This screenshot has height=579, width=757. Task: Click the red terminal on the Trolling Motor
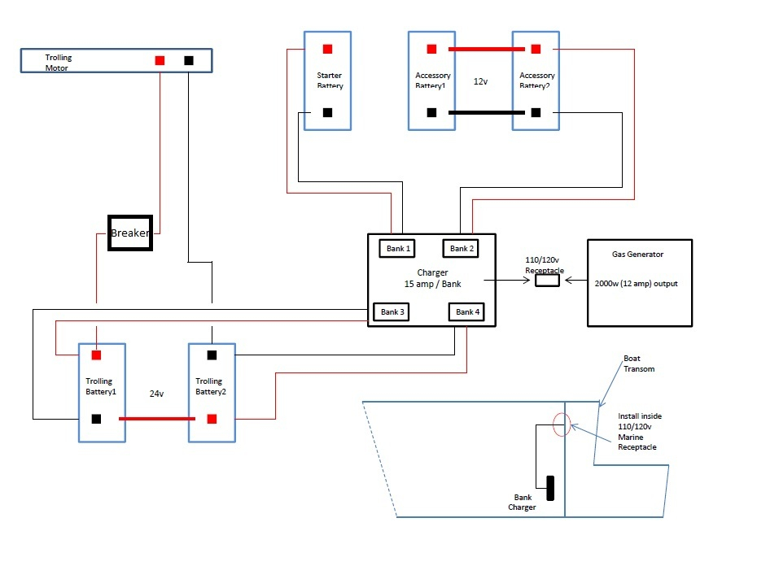point(160,60)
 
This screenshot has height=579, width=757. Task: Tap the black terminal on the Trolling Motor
point(189,60)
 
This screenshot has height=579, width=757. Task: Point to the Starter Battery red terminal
point(327,49)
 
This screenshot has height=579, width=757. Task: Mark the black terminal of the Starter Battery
point(327,112)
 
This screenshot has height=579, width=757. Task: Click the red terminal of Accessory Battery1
point(431,49)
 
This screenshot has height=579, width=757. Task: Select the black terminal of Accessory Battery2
point(536,112)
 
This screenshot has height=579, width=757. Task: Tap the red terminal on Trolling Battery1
point(96,355)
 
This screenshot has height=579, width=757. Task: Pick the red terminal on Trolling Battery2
point(212,419)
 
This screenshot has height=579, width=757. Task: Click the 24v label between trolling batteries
point(156,394)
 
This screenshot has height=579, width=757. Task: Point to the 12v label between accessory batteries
point(480,81)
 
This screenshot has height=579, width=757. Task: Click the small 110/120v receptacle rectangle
point(548,281)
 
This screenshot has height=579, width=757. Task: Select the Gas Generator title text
point(637,255)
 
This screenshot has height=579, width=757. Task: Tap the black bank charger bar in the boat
point(550,488)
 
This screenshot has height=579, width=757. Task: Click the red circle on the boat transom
point(554,424)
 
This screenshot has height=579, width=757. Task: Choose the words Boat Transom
point(639,364)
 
